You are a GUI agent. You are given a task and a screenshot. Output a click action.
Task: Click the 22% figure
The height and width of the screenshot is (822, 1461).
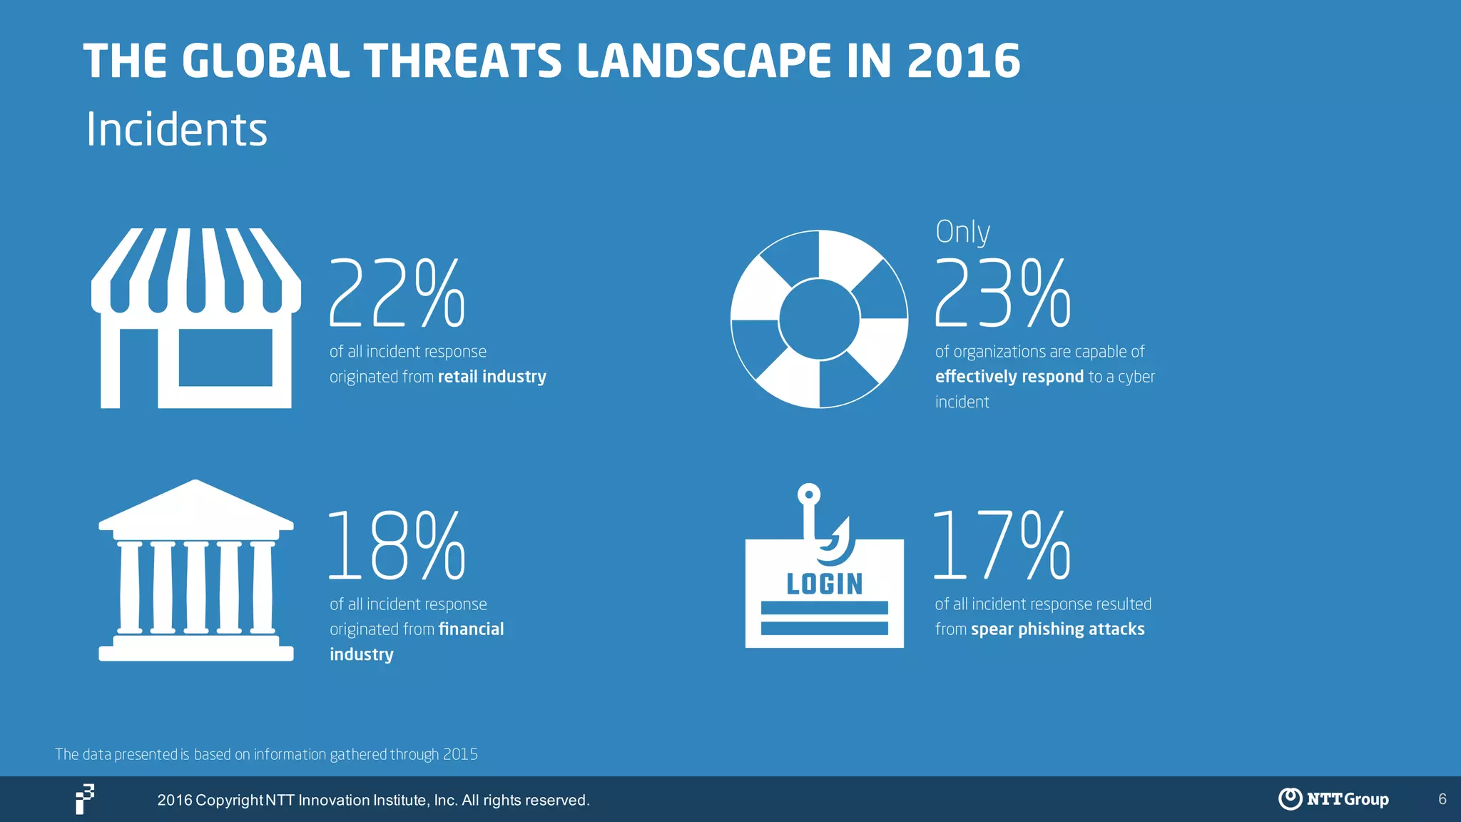point(397,293)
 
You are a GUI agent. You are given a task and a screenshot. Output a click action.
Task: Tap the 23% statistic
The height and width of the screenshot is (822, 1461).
point(1002,293)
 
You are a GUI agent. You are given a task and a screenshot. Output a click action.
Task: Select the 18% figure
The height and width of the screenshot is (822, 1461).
point(396,546)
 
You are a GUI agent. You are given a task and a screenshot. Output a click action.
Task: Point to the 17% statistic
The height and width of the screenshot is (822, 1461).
point(1002,546)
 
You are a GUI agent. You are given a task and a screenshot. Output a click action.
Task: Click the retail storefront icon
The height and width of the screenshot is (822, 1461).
point(196,318)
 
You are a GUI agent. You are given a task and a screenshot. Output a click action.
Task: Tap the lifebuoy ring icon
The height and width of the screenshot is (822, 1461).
point(819,319)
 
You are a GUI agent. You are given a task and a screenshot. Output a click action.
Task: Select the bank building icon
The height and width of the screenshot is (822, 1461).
point(196,571)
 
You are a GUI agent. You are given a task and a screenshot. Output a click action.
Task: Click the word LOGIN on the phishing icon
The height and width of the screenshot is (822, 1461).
point(825,584)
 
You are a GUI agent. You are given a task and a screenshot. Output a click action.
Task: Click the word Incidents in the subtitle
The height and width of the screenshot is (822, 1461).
point(176,130)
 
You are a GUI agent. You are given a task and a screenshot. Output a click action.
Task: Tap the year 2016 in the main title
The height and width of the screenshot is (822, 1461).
point(964,61)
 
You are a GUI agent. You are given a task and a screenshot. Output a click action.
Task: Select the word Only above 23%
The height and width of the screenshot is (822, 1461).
point(962,232)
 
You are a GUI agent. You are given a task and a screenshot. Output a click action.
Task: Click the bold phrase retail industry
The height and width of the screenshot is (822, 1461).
point(492,377)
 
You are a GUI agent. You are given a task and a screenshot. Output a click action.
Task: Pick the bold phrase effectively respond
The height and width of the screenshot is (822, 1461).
point(1009,377)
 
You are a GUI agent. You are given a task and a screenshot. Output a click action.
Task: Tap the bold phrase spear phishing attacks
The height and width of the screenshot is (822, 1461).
point(1057,629)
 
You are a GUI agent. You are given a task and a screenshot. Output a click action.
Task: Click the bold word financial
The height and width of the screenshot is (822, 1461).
point(471,629)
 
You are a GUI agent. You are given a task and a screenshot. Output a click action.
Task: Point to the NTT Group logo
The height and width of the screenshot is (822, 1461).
point(1333,799)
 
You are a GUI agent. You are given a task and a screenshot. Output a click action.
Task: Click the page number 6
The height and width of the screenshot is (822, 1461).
point(1442,799)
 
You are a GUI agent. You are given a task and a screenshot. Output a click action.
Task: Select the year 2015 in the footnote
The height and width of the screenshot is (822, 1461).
point(460,754)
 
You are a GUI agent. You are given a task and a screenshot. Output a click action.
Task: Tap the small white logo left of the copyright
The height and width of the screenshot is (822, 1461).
point(85,799)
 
